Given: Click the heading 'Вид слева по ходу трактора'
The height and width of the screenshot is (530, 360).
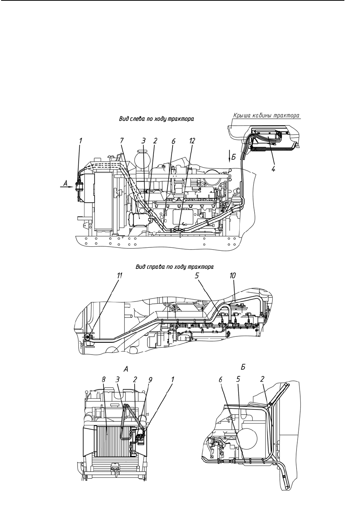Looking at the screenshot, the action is pos(156,119).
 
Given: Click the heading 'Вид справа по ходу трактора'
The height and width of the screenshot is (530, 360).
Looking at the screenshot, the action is pos(175,267).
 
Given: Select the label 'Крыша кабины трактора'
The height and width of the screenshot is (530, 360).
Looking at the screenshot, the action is pos(266,116).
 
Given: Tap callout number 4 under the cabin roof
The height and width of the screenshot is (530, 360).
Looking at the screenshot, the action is pos(274,169).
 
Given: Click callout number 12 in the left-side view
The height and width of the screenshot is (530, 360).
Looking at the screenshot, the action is pos(192,141).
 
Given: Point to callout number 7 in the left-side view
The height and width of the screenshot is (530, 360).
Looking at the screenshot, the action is pos(122,141).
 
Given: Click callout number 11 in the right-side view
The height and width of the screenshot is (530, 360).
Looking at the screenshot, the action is pos(120,276).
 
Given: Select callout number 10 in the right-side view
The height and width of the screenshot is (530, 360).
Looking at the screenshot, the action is pos(233,276).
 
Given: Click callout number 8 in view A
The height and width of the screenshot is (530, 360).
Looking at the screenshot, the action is pos(104,380).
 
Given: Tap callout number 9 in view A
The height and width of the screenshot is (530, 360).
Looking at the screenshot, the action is pos(150,380).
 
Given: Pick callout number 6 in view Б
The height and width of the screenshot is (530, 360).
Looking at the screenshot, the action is pos(220,379).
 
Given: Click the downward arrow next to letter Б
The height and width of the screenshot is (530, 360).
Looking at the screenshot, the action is pos(229,156).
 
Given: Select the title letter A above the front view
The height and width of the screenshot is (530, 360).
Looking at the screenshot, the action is pos(126,369).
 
